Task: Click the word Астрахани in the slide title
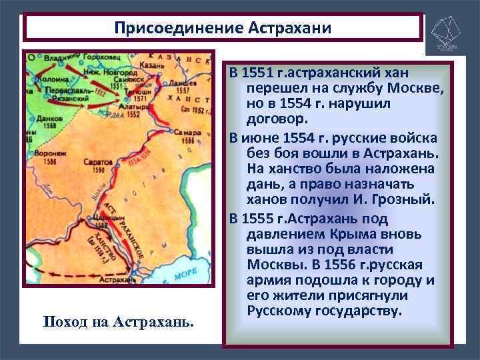[289, 28]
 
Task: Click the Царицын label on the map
[105, 216]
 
